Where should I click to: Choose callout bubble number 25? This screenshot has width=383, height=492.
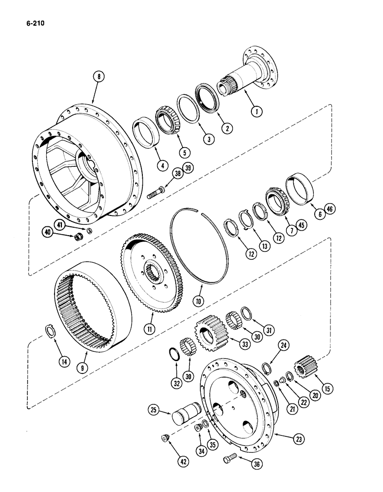[x=154, y=409]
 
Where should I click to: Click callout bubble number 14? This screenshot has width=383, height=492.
[x=64, y=362]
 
